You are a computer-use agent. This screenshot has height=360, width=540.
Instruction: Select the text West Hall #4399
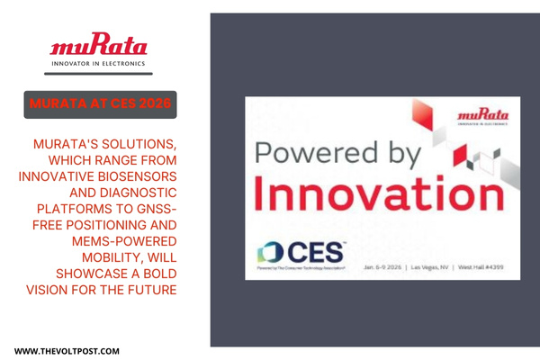491,268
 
